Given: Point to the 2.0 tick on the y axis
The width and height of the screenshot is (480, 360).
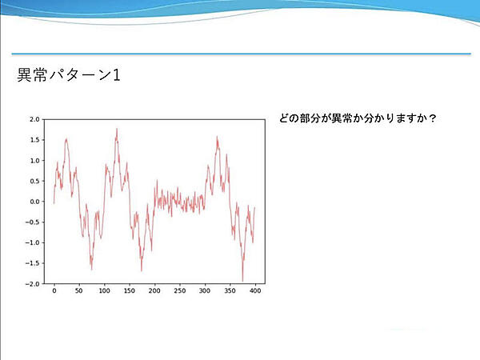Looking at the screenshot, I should click(x=34, y=119).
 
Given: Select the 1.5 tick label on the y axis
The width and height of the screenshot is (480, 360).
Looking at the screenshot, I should click(x=34, y=140).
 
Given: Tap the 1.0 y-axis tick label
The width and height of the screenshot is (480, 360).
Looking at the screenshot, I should click(x=34, y=160).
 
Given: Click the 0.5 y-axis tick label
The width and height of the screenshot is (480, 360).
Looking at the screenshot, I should click(x=34, y=181).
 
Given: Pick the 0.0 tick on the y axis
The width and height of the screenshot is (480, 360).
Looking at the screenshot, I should click(x=34, y=202).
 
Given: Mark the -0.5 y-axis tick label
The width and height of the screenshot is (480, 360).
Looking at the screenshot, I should click(x=32, y=222).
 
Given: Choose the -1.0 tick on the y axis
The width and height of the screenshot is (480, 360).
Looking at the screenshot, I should click(x=32, y=242).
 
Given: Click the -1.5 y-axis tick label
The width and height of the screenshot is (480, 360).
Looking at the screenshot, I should click(x=32, y=263).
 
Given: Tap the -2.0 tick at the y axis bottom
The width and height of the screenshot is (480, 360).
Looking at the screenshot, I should click(x=32, y=284).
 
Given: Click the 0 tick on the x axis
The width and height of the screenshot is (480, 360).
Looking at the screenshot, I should click(x=54, y=292).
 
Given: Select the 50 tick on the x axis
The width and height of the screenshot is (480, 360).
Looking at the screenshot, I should click(x=78, y=292).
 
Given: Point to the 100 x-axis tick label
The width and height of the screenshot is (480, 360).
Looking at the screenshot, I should click(x=104, y=292).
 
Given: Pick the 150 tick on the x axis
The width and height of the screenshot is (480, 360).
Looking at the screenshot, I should click(x=129, y=292).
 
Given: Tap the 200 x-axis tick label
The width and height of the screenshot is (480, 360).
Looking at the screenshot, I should click(x=154, y=292).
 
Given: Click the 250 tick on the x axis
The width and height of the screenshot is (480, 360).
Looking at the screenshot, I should click(x=179, y=292).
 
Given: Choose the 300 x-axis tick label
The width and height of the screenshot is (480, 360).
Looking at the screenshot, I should click(x=204, y=292).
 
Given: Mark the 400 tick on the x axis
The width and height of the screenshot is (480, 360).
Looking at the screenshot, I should click(x=254, y=292).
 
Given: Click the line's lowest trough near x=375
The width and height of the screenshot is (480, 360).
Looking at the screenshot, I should click(x=242, y=280).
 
